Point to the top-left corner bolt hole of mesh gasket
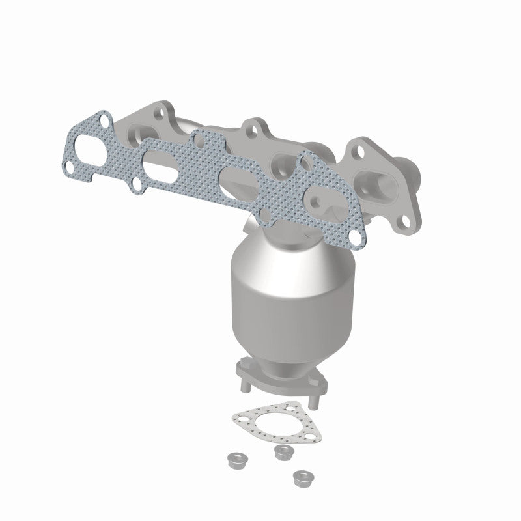click(x=120, y=120)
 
